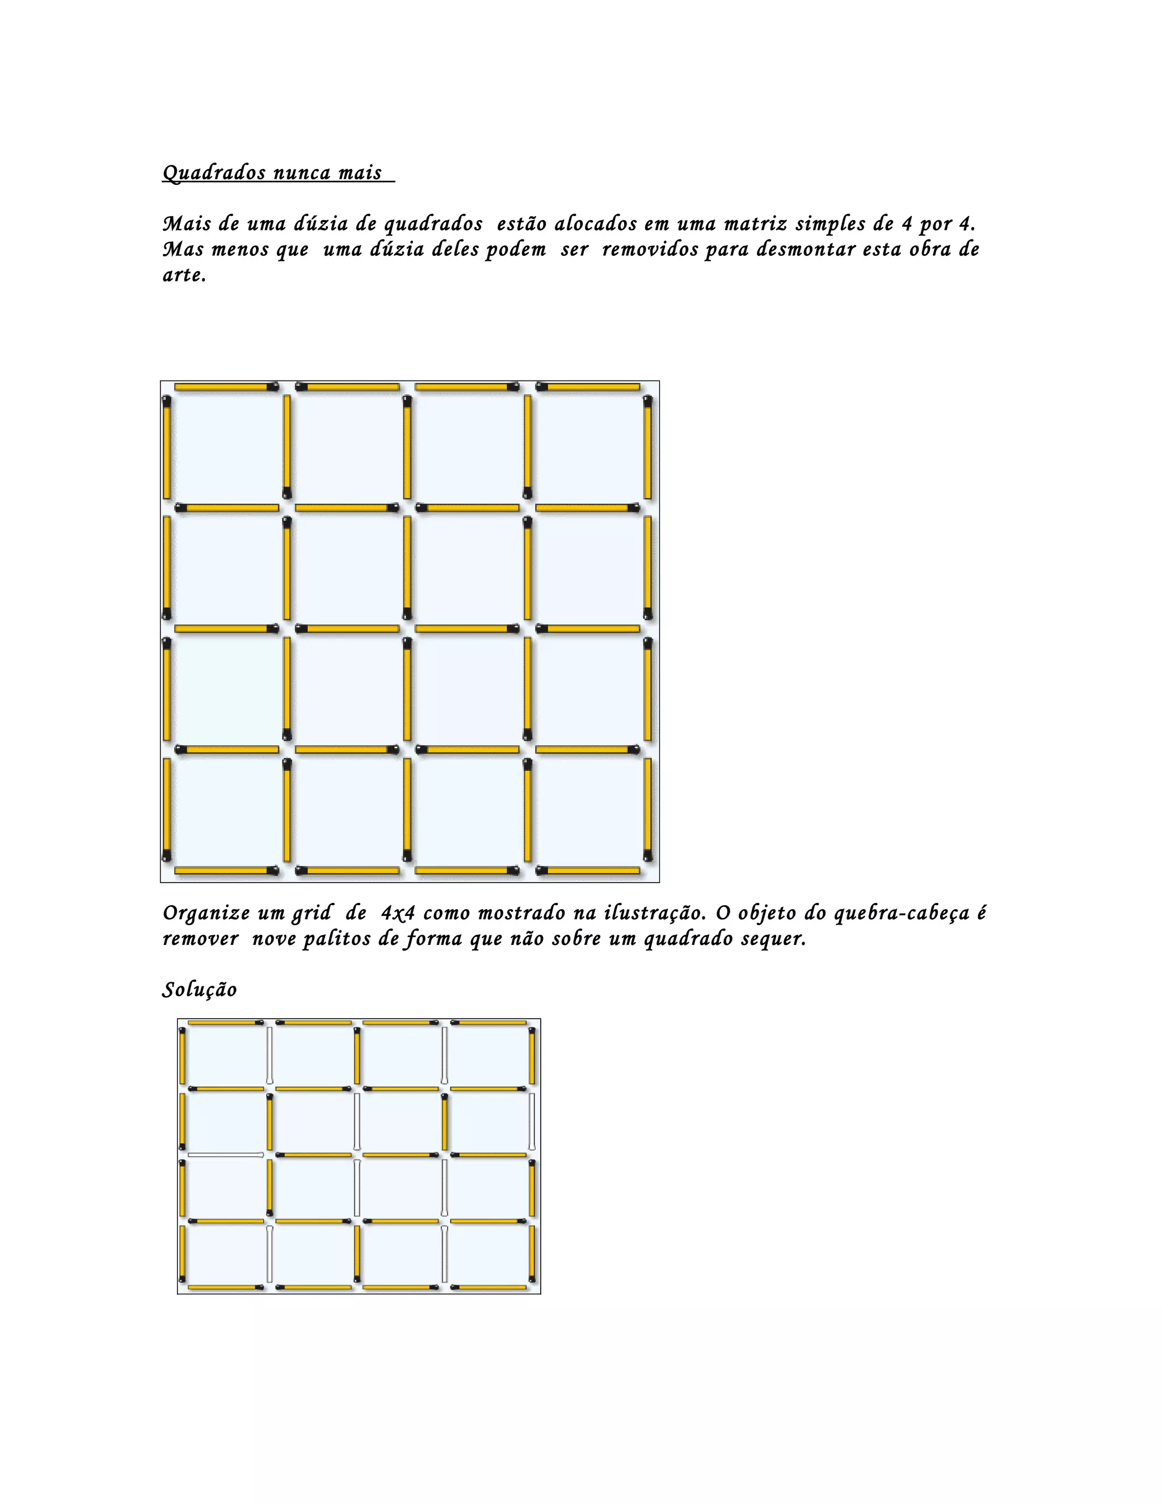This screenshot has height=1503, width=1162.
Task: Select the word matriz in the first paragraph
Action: (755, 223)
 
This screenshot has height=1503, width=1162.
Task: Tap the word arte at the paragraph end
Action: (183, 275)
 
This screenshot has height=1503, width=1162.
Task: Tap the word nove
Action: (273, 939)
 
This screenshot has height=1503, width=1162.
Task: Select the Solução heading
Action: (200, 990)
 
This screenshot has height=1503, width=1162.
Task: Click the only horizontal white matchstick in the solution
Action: (225, 1155)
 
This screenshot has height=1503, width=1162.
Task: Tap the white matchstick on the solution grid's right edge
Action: (532, 1121)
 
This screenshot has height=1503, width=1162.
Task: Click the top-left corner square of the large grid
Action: (226, 447)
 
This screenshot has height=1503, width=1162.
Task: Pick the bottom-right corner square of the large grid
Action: (588, 810)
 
